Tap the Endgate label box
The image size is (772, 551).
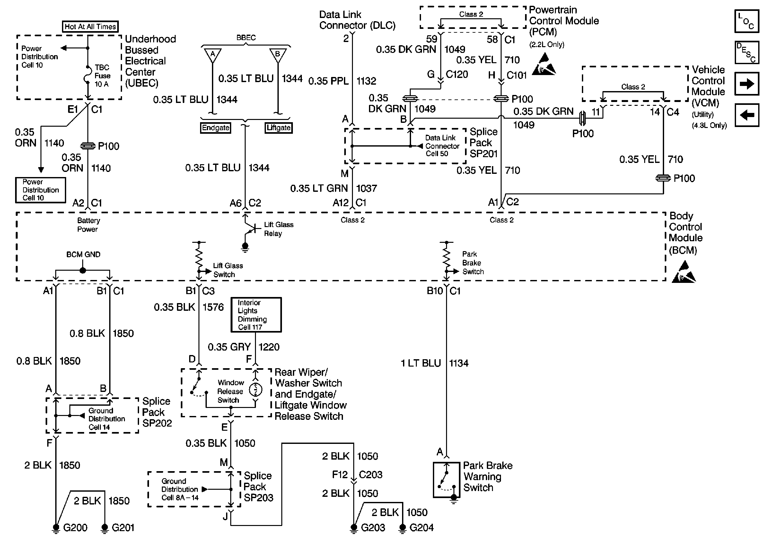coord(216,128)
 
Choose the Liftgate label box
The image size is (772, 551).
coord(278,128)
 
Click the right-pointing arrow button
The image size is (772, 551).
coord(747,84)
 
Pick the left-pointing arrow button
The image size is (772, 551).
coord(747,115)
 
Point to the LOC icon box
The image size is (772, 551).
coord(747,21)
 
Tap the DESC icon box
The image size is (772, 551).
coord(747,53)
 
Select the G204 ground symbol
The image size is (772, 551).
coord(402,528)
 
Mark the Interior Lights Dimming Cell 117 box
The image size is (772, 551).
coord(256,315)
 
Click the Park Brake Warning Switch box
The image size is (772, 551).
coord(447,480)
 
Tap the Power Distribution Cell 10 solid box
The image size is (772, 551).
coord(41,190)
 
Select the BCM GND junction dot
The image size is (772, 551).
coord(83,270)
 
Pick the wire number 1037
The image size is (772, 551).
coord(366,188)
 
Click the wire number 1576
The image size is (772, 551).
coord(213,307)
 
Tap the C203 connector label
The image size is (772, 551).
coord(371,475)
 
